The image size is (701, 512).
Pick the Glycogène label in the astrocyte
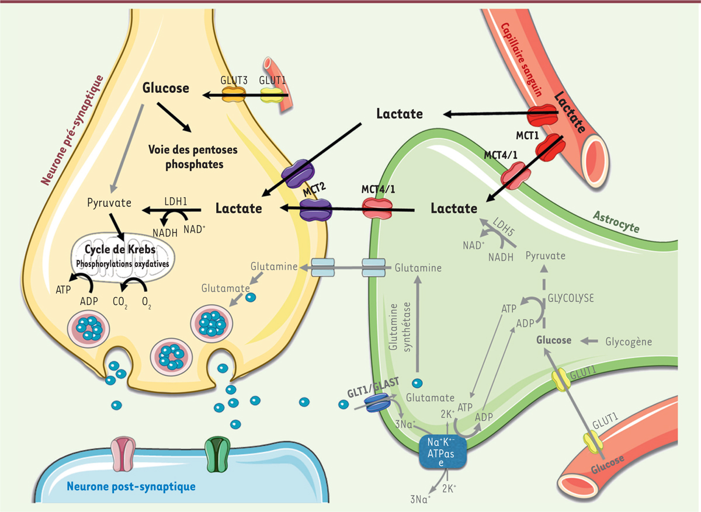click(629, 341)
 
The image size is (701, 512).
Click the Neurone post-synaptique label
click(131, 486)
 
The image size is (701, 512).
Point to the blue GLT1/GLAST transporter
click(377, 403)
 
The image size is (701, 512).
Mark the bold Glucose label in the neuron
click(166, 88)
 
